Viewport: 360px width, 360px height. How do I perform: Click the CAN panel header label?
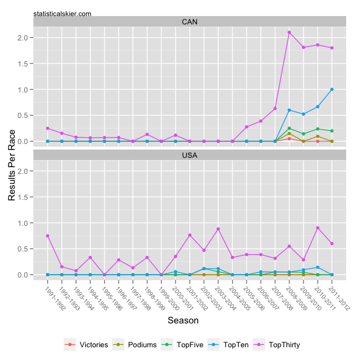pos(189,22)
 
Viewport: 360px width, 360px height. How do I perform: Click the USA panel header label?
pos(189,155)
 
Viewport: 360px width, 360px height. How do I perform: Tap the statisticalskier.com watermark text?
pos(63,13)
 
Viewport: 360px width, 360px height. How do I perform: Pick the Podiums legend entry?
pos(136,344)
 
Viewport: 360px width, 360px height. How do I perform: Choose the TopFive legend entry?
pos(184,344)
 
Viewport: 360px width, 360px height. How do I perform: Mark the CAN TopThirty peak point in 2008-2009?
pos(289,32)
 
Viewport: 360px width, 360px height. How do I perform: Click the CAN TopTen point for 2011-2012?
pos(332,89)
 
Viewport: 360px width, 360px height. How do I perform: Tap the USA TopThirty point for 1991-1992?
pos(48,236)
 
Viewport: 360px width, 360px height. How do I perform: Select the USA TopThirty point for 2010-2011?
pos(318,228)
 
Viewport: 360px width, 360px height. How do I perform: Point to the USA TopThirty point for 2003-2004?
pos(218,229)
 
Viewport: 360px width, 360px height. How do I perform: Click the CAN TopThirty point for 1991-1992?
pos(48,128)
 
